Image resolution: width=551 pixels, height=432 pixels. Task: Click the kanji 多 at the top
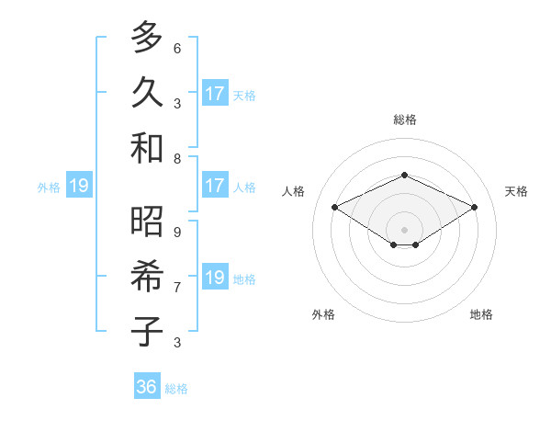[x=147, y=38]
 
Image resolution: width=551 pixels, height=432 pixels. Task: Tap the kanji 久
[x=147, y=93]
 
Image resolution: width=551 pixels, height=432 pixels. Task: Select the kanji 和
[x=147, y=148]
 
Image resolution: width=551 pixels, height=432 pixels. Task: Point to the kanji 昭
[x=147, y=221]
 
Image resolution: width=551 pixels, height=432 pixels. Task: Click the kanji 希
[x=147, y=276]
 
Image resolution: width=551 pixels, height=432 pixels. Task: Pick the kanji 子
[x=147, y=332]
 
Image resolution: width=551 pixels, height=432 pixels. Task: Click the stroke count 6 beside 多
[x=177, y=48]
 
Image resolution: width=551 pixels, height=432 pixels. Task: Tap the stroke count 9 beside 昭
[x=177, y=232]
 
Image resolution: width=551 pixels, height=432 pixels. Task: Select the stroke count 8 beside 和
[x=177, y=158]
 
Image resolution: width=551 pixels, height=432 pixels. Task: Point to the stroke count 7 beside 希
[x=177, y=287]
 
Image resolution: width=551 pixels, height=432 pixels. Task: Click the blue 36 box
[x=147, y=387]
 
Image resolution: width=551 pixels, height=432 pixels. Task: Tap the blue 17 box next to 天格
[x=215, y=94]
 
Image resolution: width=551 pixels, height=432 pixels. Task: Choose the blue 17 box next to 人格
[x=215, y=186]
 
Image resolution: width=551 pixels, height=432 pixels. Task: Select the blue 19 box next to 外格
[x=78, y=187]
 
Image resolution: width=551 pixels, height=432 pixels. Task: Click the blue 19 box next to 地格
[x=215, y=278]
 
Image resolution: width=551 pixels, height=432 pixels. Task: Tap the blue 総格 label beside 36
[x=176, y=389]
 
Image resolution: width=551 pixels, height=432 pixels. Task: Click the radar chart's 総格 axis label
[x=404, y=119]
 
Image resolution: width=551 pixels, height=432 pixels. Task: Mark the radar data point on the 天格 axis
[x=474, y=208]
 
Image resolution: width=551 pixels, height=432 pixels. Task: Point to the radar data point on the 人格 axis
[x=335, y=208]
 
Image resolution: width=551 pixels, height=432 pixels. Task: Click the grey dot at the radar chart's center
[x=404, y=228]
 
